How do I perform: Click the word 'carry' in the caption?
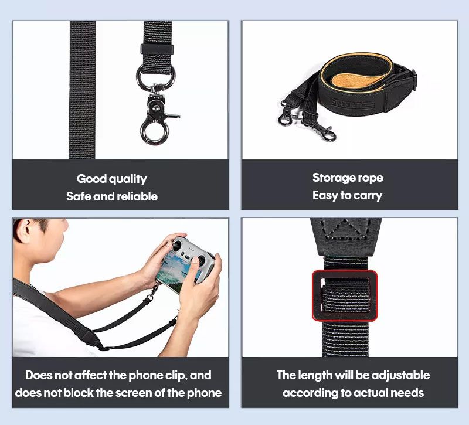pyautogui.click(x=368, y=195)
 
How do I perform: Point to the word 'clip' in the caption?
pyautogui.click(x=174, y=375)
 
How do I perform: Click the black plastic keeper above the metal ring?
pyautogui.click(x=157, y=48)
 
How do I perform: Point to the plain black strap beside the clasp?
pyautogui.click(x=82, y=88)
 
